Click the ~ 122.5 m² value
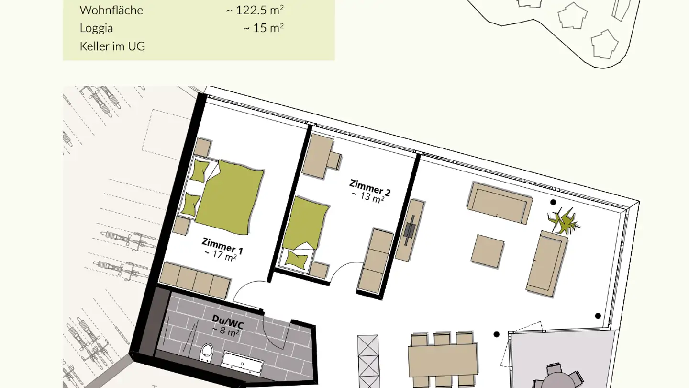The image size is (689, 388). tap(255, 10)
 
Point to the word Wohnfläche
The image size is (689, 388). tap(111, 10)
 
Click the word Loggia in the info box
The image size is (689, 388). tap(96, 28)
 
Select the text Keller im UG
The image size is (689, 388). tap(112, 46)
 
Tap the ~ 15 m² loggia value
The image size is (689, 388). tap(263, 28)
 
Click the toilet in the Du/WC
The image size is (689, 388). tap(206, 353)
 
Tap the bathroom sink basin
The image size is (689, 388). tap(243, 363)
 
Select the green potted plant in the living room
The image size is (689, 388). tap(564, 220)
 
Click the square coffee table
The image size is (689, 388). tap(488, 251)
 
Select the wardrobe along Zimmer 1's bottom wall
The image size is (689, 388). tap(195, 280)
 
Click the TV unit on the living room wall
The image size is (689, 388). tap(410, 230)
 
